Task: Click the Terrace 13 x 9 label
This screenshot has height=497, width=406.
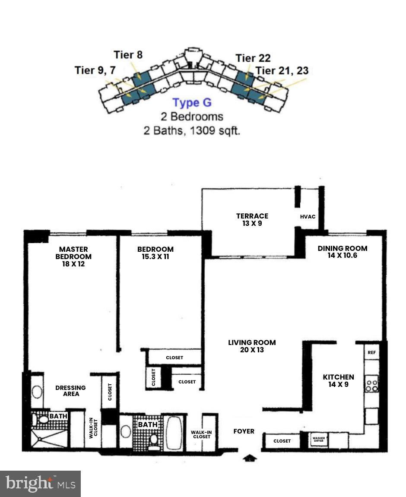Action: point(252,220)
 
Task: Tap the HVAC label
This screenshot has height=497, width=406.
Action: point(308,217)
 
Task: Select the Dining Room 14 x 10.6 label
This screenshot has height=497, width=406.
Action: point(343,252)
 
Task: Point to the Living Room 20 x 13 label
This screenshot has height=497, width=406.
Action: point(252,346)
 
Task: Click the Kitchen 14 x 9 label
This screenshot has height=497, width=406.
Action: point(338,381)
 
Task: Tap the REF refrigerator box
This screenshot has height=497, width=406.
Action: point(372,352)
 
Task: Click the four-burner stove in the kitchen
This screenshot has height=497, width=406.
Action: point(372,383)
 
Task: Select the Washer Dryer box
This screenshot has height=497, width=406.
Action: point(318,440)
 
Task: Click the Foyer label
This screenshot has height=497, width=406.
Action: point(244,431)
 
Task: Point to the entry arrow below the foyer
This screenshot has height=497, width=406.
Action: point(250,458)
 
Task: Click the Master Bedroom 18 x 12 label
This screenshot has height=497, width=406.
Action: point(73,256)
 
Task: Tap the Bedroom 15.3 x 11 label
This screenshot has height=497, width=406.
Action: point(155,253)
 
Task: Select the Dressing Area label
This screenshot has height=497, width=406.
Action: point(71,391)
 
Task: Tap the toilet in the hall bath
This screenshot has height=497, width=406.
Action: point(154,441)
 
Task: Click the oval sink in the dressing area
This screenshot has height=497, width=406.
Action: point(37,392)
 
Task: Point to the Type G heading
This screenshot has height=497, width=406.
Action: point(192,103)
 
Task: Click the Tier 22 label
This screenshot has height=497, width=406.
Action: point(253,58)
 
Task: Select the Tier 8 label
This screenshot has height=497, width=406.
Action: point(128,54)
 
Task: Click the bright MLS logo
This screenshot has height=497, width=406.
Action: point(40,484)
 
